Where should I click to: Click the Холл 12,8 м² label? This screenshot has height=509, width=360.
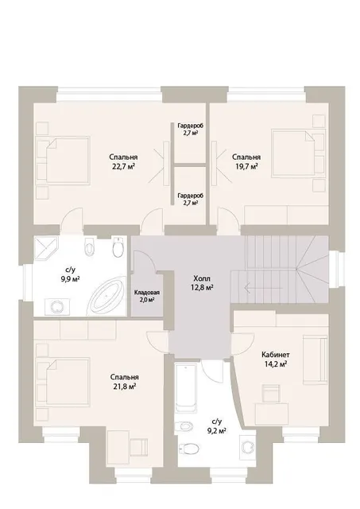(203, 283)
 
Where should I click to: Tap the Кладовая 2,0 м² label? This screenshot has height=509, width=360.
(147, 296)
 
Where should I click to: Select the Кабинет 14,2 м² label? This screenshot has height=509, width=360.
(275, 359)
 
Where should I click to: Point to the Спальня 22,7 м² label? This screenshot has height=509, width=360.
(123, 161)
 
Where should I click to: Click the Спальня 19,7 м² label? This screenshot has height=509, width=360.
(246, 161)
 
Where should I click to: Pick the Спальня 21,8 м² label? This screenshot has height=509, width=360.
(124, 382)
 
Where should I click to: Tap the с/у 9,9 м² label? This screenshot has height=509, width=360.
(70, 274)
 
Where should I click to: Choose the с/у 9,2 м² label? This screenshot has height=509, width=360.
(216, 426)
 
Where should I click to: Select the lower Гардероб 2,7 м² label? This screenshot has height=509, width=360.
(191, 199)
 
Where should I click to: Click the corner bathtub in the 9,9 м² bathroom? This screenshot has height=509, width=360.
(107, 296)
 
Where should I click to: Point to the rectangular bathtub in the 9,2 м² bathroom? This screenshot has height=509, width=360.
(185, 388)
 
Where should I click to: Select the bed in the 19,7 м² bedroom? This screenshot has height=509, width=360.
(293, 153)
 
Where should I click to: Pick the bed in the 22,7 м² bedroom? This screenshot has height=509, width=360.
(68, 160)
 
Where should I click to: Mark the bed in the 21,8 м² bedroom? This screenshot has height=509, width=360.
(68, 381)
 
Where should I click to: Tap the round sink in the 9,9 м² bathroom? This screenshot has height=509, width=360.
(57, 306)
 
